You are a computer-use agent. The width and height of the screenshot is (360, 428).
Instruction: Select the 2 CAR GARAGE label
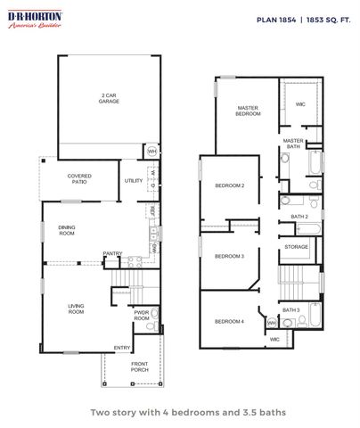tap(109, 98)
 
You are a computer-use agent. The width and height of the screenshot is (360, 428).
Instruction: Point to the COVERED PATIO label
tap(79, 179)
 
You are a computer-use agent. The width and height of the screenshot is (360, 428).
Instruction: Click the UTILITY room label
tap(134, 180)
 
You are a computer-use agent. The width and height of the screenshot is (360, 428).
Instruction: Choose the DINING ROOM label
tap(67, 230)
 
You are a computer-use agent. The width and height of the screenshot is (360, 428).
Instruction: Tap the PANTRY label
tap(112, 253)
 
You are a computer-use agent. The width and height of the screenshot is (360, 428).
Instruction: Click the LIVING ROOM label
tap(76, 309)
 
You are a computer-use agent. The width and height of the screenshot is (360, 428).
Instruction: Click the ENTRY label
tap(121, 347)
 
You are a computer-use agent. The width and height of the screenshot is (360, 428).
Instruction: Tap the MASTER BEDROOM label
tap(247, 111)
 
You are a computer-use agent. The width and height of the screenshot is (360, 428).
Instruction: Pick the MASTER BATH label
tap(292, 143)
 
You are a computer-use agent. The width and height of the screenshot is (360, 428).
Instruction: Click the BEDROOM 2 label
tap(230, 185)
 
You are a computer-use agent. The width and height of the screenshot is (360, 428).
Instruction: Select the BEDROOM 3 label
tap(229, 256)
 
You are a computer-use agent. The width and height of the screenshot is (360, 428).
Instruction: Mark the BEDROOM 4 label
tap(229, 321)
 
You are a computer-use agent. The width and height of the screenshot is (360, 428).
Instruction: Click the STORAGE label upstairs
tap(297, 247)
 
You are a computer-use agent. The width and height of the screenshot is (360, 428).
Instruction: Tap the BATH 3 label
tap(291, 309)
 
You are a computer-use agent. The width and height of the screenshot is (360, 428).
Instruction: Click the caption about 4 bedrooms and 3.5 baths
tap(179, 412)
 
